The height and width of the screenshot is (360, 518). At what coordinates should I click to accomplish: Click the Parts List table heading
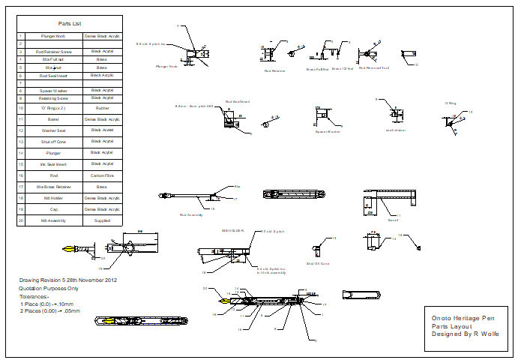click(70, 23)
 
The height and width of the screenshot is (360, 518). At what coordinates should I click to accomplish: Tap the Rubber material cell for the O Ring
click(103, 108)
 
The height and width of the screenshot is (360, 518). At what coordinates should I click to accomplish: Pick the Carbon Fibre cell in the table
click(103, 175)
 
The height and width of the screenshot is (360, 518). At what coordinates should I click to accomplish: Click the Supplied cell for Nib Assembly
click(103, 220)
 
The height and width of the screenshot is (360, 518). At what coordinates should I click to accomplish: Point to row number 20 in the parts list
click(22, 220)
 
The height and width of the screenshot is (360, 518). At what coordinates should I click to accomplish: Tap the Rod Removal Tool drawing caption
click(374, 67)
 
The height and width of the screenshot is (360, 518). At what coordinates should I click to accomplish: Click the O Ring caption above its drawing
click(451, 103)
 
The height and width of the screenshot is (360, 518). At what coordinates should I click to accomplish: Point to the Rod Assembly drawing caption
click(190, 214)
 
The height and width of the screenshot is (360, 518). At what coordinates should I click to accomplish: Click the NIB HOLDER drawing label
click(232, 230)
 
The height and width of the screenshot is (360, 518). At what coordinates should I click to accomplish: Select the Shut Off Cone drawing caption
click(318, 264)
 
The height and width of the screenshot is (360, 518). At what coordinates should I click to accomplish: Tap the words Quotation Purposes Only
click(49, 288)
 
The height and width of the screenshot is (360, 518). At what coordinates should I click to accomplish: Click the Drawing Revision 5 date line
click(68, 280)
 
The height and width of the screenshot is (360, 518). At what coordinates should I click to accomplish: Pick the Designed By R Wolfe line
click(465, 334)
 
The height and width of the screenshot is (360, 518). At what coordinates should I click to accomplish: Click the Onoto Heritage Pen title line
click(463, 317)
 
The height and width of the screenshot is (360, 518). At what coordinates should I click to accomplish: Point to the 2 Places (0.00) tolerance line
click(50, 310)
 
